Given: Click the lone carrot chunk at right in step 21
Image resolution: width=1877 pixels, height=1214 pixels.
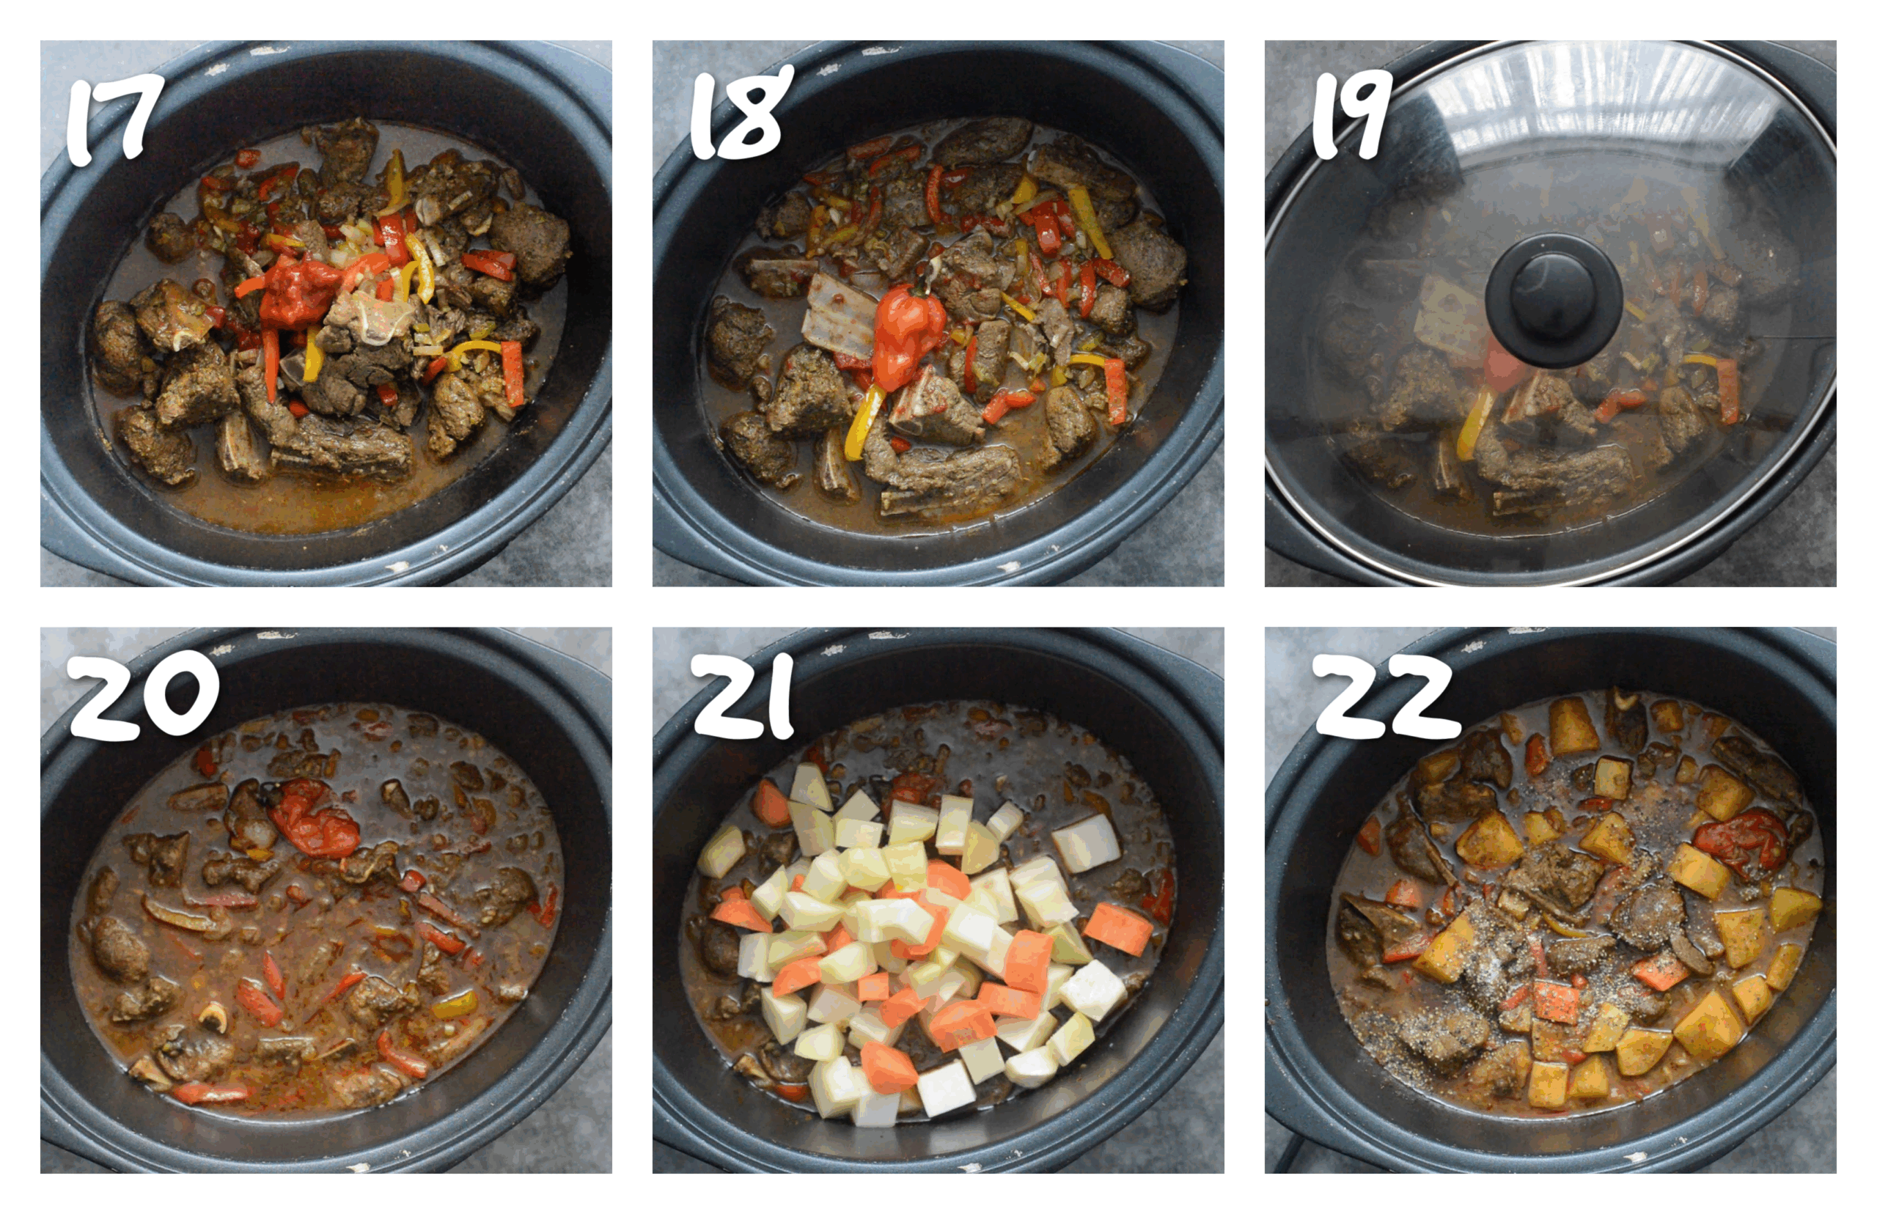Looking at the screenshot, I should coord(1118,929).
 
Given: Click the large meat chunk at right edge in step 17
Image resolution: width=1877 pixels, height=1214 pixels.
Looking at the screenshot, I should coord(530,240).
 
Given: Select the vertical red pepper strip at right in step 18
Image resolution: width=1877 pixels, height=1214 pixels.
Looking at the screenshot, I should coord(1115,390).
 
